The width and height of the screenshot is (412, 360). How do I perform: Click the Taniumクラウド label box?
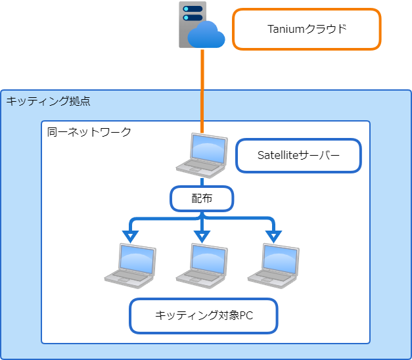point(307,29)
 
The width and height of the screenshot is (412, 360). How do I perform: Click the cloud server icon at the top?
point(197,26)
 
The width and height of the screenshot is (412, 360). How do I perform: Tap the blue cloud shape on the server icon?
point(206,34)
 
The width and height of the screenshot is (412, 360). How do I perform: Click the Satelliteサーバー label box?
point(298,156)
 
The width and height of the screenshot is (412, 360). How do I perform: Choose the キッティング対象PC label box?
point(204,315)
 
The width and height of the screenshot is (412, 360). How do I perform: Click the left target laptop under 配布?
point(130,264)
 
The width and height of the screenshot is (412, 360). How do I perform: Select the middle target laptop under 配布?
point(202,264)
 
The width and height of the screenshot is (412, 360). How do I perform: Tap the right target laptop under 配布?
point(273,264)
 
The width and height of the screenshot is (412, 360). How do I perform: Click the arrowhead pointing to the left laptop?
point(131,235)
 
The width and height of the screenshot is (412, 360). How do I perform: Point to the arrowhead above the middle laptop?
point(202,235)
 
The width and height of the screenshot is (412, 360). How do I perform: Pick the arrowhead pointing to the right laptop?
point(273,235)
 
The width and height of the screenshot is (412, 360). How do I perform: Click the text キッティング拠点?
point(48,101)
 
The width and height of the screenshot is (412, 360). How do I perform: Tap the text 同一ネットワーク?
point(89,132)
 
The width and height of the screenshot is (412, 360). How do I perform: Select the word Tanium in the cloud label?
point(283,29)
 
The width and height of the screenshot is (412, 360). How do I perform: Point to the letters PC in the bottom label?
point(245,316)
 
